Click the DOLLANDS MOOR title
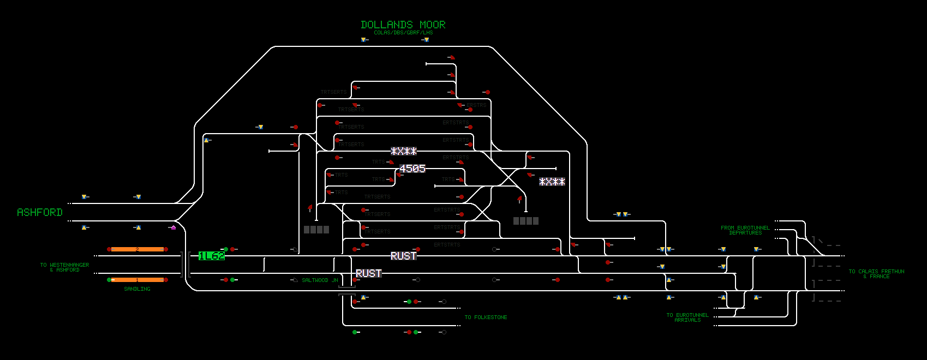pos(403,25)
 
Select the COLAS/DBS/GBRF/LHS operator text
pos(403,33)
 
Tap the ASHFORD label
pos(40,212)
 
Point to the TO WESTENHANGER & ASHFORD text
pos(64,267)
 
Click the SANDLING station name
pos(137,289)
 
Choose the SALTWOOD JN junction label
pos(320,280)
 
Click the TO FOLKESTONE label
pos(486,317)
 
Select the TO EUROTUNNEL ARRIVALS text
pos(687,317)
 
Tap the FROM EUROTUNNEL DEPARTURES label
pos(745,230)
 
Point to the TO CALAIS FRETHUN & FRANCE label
pos(876,274)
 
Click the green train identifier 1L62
pos(212,256)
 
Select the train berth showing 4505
pos(412,169)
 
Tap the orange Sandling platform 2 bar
pos(137,249)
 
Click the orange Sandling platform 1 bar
pos(137,280)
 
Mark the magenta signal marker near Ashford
pos(174,227)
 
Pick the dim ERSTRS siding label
pos(476,105)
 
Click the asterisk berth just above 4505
pos(404,151)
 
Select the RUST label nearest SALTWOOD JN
pos(368,273)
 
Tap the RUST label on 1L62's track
pos(403,256)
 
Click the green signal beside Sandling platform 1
pos(109,280)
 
